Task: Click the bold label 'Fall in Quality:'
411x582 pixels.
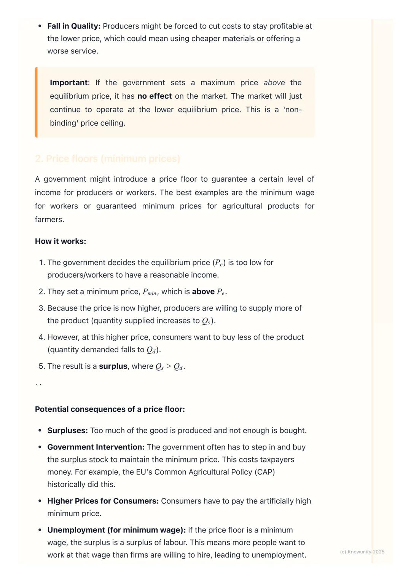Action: pyautogui.click(x=74, y=26)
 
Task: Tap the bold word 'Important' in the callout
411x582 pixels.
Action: pyautogui.click(x=68, y=83)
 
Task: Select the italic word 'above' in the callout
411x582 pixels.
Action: pyautogui.click(x=274, y=83)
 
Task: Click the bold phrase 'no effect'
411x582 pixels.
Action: pyautogui.click(x=155, y=96)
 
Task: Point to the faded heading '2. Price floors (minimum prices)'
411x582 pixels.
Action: pyautogui.click(x=107, y=159)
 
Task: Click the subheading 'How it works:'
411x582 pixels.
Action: pyautogui.click(x=61, y=241)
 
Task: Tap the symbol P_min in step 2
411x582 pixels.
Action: pyautogui.click(x=150, y=292)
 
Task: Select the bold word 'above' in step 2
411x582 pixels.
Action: pyautogui.click(x=203, y=292)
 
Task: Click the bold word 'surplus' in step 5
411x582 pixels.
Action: pyautogui.click(x=113, y=366)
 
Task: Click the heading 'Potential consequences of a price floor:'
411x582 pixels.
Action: pyautogui.click(x=110, y=409)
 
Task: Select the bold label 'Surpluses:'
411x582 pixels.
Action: pyautogui.click(x=67, y=431)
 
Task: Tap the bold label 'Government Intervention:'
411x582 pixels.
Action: pyautogui.click(x=96, y=447)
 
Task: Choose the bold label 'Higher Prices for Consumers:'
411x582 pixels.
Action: pyautogui.click(x=103, y=501)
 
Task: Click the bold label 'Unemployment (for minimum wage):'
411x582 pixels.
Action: pyautogui.click(x=116, y=530)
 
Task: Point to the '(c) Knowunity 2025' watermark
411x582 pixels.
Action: pyautogui.click(x=362, y=552)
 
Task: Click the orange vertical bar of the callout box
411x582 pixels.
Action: pyautogui.click(x=36, y=102)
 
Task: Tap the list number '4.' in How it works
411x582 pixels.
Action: pyautogui.click(x=42, y=337)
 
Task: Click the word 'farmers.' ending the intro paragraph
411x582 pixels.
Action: pyautogui.click(x=49, y=220)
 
